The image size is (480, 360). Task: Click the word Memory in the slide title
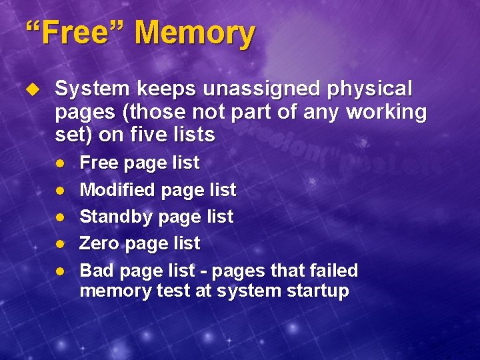[x=194, y=33]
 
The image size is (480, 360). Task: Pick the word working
[x=387, y=112]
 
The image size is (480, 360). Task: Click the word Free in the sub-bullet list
[x=99, y=163]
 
